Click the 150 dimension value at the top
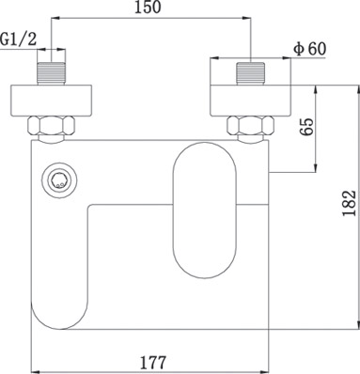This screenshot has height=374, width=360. (x=148, y=8)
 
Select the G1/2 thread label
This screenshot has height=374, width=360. (x=19, y=39)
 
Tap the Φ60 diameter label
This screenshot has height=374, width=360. (x=309, y=49)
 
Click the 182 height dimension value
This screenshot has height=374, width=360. (x=350, y=203)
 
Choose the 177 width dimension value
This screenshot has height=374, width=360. (x=152, y=363)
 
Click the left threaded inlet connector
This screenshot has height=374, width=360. (x=52, y=73)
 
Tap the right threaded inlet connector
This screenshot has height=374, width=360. (x=251, y=73)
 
